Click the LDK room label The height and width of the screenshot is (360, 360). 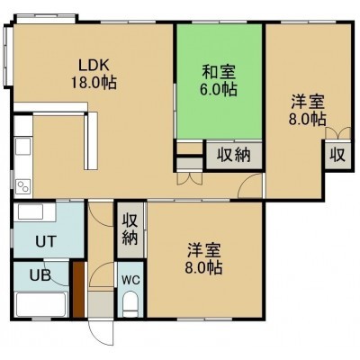94,65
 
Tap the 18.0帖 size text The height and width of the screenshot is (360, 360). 94,82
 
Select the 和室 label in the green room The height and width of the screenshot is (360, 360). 219,71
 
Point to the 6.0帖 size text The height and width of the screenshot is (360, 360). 219,89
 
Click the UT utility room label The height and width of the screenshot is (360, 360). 46,240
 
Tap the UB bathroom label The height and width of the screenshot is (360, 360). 40,274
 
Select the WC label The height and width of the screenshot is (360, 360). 130,280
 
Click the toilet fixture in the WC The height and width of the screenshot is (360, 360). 130,304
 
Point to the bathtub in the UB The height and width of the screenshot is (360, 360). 40,304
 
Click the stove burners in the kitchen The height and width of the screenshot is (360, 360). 23,187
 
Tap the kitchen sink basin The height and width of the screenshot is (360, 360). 23,146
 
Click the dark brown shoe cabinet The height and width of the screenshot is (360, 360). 78,289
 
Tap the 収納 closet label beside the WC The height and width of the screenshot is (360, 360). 130,229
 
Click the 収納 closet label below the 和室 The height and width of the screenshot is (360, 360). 234,155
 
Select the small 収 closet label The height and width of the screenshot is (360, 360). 337,155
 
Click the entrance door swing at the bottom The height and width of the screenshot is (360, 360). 103,330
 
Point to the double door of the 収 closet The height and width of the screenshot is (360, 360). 338,133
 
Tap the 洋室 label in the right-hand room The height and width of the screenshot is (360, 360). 308,102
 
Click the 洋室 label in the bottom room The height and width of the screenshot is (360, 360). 204,250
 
